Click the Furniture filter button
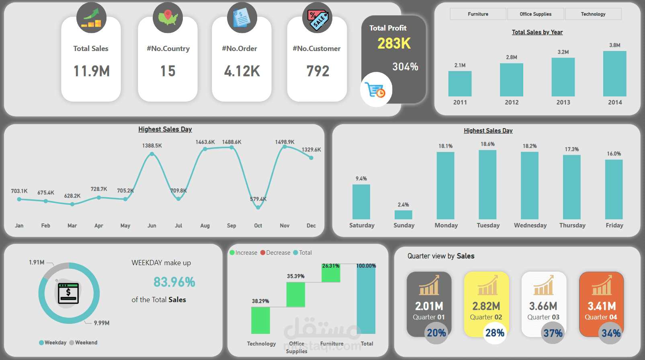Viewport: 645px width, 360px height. click(x=478, y=14)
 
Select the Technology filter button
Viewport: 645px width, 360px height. click(x=593, y=14)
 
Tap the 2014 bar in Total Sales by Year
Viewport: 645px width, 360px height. click(x=615, y=74)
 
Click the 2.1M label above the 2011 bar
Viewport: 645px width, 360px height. click(x=460, y=65)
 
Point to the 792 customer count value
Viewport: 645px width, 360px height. click(x=317, y=71)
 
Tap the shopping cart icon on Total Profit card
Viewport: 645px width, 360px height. click(x=375, y=90)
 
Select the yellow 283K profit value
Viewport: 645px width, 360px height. click(x=394, y=44)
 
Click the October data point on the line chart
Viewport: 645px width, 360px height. click(x=258, y=207)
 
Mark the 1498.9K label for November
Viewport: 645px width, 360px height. click(x=285, y=142)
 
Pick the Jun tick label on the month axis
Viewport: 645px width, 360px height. click(x=152, y=225)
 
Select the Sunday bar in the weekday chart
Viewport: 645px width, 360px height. click(x=403, y=215)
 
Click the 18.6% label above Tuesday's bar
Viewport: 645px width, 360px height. click(x=487, y=144)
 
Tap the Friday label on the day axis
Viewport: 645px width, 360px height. click(x=614, y=225)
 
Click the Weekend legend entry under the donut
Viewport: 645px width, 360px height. click(x=83, y=342)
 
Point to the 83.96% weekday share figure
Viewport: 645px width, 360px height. click(x=174, y=282)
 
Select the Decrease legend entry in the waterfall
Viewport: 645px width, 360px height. click(x=275, y=253)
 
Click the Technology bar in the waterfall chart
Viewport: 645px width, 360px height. click(x=260, y=321)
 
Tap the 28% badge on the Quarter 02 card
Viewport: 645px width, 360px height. click(x=495, y=333)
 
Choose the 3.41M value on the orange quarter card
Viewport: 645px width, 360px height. click(x=602, y=306)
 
